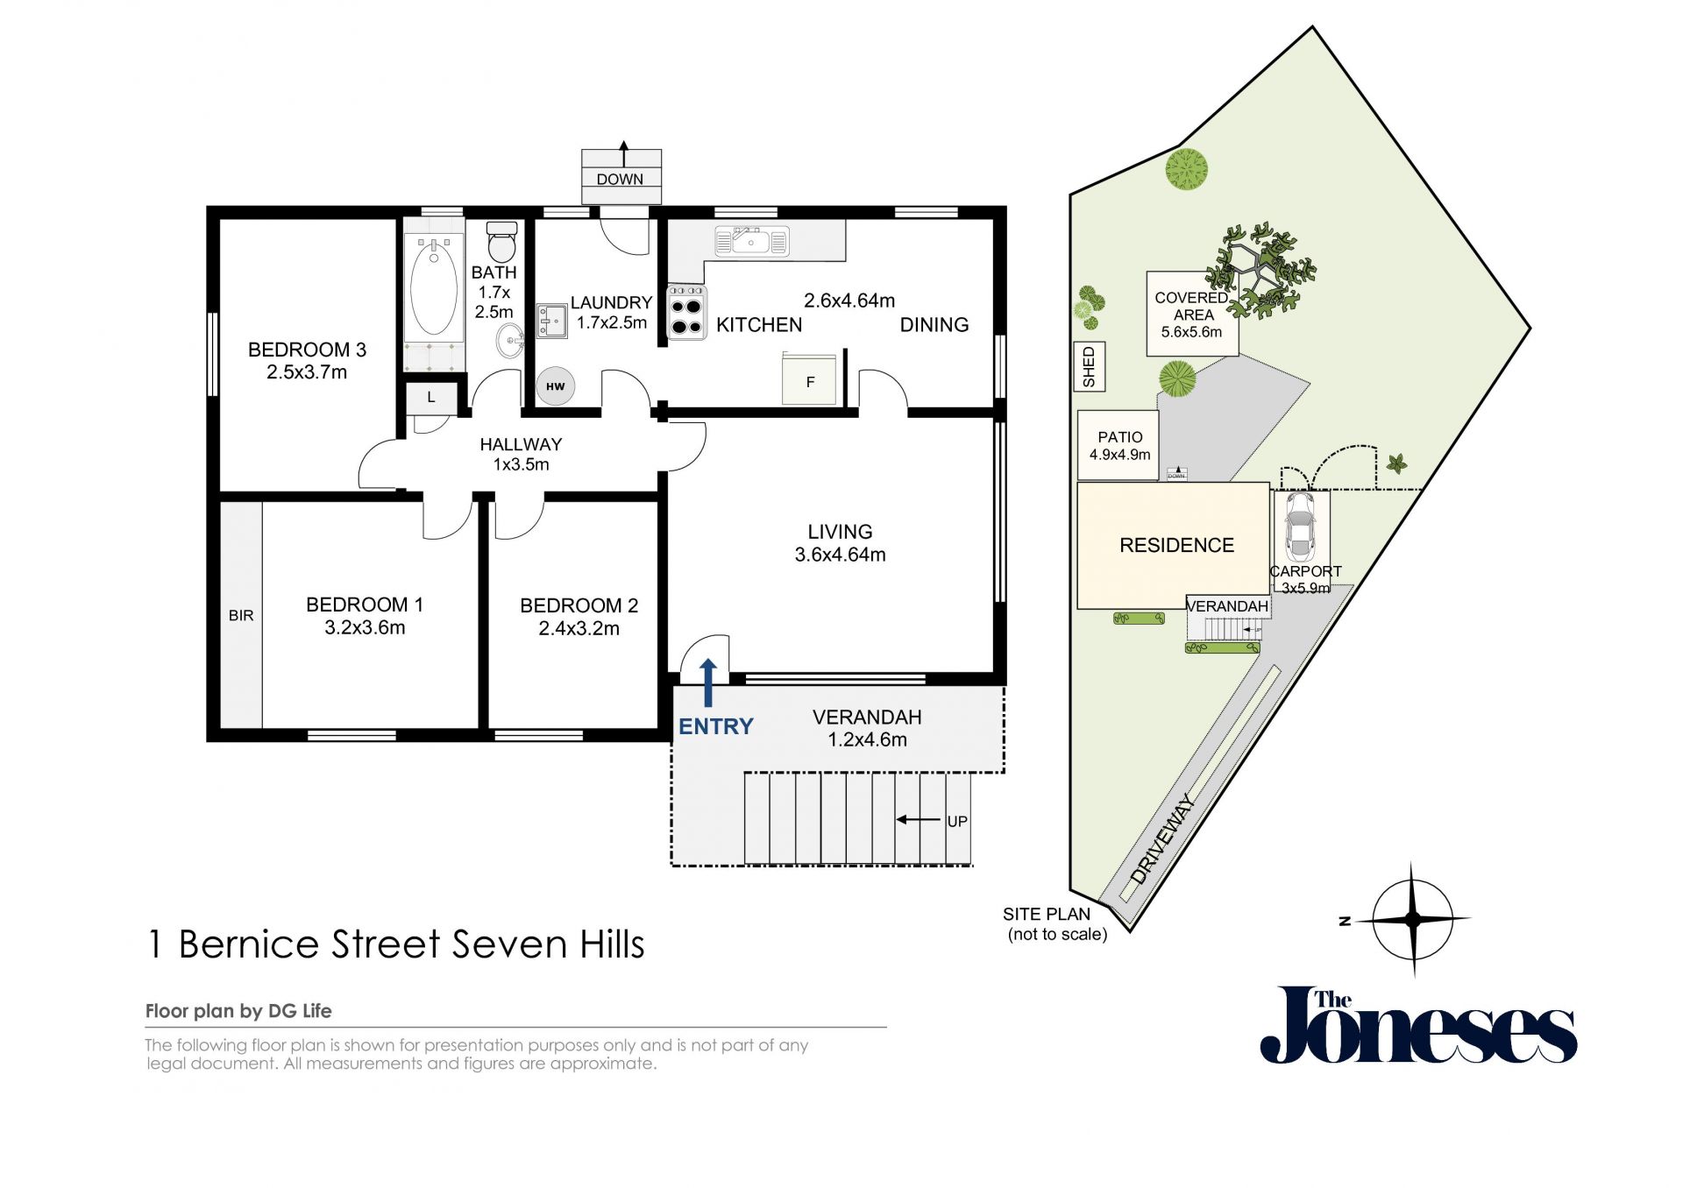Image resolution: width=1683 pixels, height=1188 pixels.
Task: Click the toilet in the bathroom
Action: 501,241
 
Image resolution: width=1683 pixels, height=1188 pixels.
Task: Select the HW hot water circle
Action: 556,385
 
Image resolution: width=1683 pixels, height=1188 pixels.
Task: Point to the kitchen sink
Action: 752,241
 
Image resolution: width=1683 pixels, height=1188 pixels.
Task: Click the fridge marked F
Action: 809,378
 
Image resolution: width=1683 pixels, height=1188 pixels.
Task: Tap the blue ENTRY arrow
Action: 708,682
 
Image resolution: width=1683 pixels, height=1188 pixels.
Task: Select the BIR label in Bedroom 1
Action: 241,616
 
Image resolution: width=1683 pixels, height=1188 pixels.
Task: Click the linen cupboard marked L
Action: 431,397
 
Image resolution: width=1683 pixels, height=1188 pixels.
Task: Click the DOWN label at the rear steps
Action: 620,179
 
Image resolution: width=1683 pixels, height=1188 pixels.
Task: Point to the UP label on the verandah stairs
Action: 957,821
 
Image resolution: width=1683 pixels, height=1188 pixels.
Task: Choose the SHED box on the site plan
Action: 1090,366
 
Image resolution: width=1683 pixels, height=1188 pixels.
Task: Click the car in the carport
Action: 1299,526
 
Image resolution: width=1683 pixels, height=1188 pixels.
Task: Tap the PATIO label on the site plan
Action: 1120,437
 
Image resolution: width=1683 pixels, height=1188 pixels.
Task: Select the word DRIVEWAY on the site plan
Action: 1163,838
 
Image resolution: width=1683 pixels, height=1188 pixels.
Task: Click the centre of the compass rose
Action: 1412,919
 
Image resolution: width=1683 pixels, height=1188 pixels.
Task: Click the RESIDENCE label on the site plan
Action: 1176,545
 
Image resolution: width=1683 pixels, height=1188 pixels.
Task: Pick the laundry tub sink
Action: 551,322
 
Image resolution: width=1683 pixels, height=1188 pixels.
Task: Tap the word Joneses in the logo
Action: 1418,1026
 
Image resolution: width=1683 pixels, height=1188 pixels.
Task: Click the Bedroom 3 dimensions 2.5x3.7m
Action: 307,371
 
